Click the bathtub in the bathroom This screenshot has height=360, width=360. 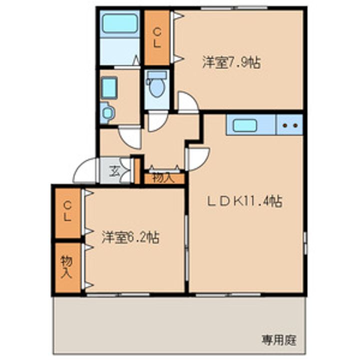click(120, 23)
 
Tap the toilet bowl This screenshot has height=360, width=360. click(157, 88)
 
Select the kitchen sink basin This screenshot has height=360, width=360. click(244, 126)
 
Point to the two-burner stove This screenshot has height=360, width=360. click(289, 124)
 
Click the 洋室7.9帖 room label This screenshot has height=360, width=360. click(231, 62)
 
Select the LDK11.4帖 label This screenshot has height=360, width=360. click(245, 201)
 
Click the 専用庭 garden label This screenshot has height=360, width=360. click(279, 340)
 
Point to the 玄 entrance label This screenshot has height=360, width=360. click(114, 171)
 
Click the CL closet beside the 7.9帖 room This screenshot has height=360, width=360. click(157, 38)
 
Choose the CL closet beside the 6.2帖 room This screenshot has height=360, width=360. click(67, 212)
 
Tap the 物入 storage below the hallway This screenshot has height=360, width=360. click(164, 178)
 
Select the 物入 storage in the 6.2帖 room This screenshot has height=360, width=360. click(67, 267)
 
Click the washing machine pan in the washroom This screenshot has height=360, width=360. click(109, 88)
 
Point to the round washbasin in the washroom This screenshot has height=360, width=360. click(107, 112)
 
